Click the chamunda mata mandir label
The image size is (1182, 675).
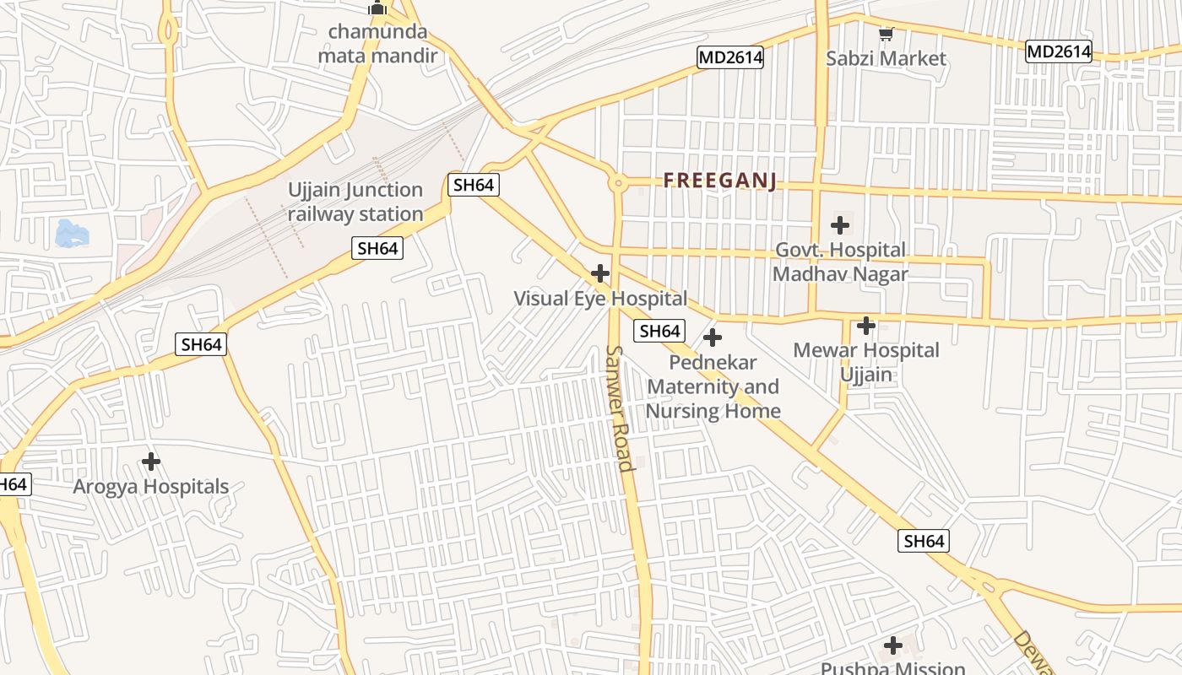coord(377,44)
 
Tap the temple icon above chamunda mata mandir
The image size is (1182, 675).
coord(377,8)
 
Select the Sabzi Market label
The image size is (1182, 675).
coord(886,58)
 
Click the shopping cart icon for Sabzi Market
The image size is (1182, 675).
coord(886,35)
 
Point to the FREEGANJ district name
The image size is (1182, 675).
coord(719,181)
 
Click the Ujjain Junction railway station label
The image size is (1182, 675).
coord(355,202)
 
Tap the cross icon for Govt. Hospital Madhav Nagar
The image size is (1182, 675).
coord(840,225)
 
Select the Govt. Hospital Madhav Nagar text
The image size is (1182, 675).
coord(840,262)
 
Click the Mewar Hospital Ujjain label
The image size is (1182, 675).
coord(866,362)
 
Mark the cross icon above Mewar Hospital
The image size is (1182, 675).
coord(866,326)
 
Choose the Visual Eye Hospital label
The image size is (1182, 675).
coord(600,299)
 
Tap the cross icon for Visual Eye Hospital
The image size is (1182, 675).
coord(600,273)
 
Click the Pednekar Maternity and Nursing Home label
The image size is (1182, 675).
coord(713,386)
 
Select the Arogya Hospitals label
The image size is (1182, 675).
coord(151,487)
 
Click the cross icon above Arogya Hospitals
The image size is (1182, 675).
coord(151,462)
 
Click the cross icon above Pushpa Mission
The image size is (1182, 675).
coord(893,646)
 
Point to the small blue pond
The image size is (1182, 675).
coord(71,234)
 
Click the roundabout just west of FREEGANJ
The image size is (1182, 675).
coord(619,182)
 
